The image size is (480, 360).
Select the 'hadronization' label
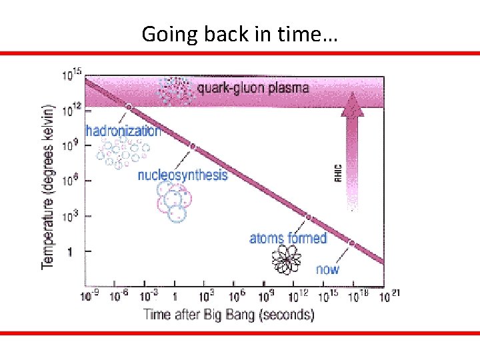pyautogui.click(x=123, y=131)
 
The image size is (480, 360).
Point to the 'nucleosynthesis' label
pyautogui.click(x=182, y=175)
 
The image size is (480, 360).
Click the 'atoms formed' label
pyautogui.click(x=288, y=238)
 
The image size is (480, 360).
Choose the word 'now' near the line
pyautogui.click(x=327, y=269)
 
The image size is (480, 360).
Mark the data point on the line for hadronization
pyautogui.click(x=129, y=107)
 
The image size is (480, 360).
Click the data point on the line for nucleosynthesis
pyautogui.click(x=193, y=147)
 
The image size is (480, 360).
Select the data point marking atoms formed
pyautogui.click(x=309, y=217)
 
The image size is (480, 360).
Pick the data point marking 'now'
pyautogui.click(x=351, y=243)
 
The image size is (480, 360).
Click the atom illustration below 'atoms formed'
pyautogui.click(x=287, y=259)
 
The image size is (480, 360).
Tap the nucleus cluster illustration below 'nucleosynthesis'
pyautogui.click(x=173, y=201)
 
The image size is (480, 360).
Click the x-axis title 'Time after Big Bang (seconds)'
pyautogui.click(x=229, y=314)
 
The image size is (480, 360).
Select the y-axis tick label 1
pyautogui.click(x=70, y=251)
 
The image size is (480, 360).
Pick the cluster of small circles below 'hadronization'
pyautogui.click(x=120, y=153)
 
